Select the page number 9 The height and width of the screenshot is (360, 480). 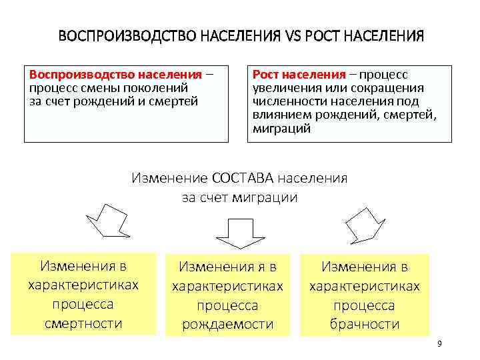[439, 343]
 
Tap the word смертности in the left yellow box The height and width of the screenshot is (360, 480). [83, 323]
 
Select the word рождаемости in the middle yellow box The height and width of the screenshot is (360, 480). [228, 324]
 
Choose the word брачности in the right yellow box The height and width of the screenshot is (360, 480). [365, 324]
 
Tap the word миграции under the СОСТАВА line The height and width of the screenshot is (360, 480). [261, 198]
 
